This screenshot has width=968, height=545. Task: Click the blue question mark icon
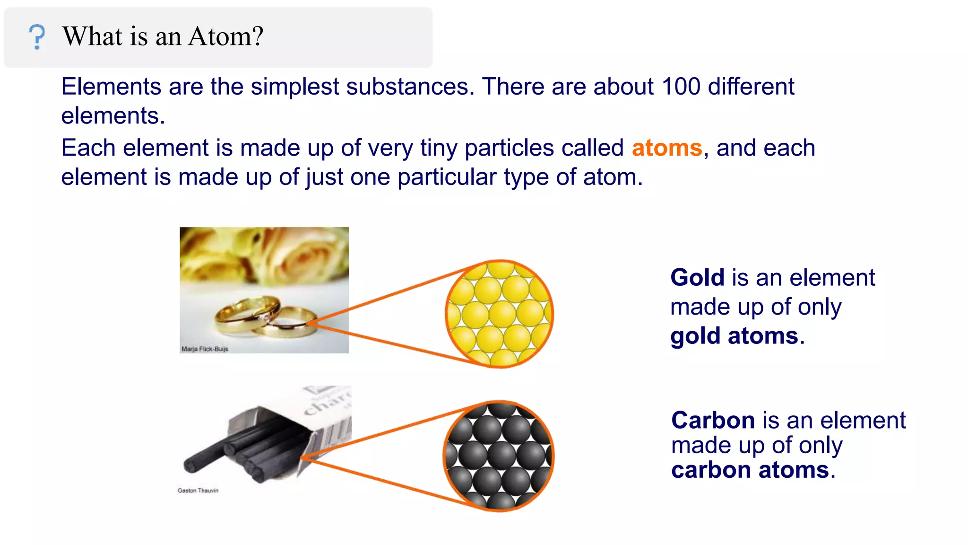pyautogui.click(x=37, y=37)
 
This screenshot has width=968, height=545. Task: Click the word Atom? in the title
pyautogui.click(x=225, y=36)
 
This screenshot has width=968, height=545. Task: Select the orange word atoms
pyautogui.click(x=666, y=148)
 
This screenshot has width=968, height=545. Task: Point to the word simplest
pyautogui.click(x=294, y=87)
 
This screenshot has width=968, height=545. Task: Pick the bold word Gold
pyautogui.click(x=697, y=278)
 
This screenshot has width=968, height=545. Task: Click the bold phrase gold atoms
pyautogui.click(x=734, y=336)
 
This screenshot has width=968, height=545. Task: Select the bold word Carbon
pyautogui.click(x=713, y=420)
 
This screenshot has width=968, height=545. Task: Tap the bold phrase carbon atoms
pyautogui.click(x=750, y=470)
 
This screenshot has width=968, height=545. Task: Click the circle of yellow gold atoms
pyautogui.click(x=500, y=314)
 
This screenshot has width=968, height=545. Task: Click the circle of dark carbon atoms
pyautogui.click(x=499, y=456)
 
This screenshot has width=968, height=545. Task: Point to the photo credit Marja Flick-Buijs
pyautogui.click(x=205, y=349)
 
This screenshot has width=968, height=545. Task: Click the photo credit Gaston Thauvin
pyautogui.click(x=198, y=491)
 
